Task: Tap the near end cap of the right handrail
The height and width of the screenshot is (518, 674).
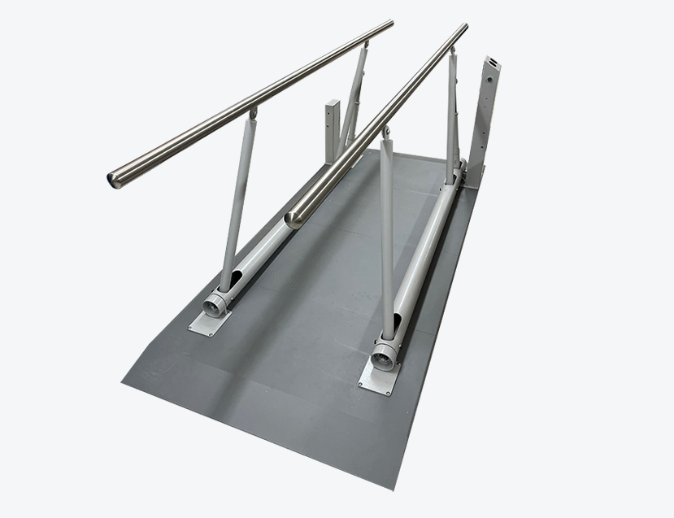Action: point(293,217)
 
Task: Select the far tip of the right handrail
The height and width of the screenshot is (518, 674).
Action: point(464,27)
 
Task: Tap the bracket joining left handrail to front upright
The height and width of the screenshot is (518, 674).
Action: point(253,113)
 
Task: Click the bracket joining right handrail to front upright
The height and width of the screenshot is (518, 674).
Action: point(385,132)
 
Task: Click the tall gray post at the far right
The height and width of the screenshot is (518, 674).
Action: point(485,122)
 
